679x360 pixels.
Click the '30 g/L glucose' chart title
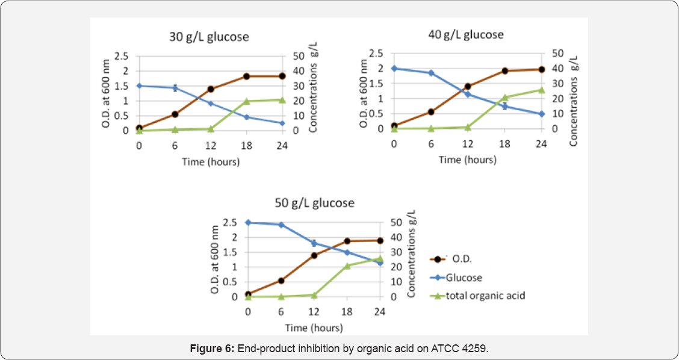[x=209, y=37]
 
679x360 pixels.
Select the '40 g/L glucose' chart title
[x=464, y=34]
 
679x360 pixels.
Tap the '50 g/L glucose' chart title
[x=315, y=203]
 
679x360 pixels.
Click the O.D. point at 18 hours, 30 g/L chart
[x=247, y=76]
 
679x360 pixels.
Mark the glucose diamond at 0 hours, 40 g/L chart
[x=394, y=69]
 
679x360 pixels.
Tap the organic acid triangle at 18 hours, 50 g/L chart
[x=347, y=265]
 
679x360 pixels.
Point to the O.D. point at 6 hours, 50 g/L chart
[x=281, y=281]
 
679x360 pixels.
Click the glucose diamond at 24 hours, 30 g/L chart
[x=282, y=123]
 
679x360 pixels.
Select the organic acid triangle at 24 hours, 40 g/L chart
[x=541, y=90]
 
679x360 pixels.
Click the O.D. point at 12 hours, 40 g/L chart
[x=467, y=86]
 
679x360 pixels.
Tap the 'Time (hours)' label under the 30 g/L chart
[x=211, y=161]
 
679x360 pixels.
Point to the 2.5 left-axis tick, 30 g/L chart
[x=122, y=57]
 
